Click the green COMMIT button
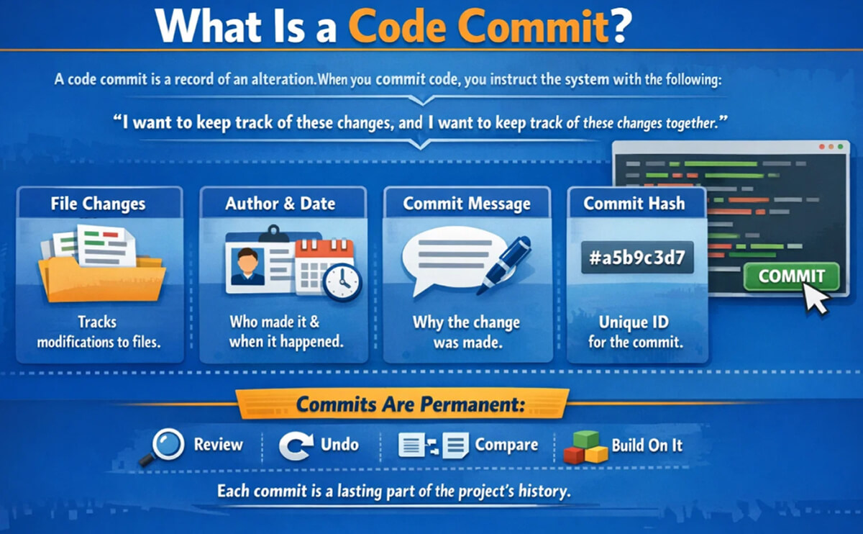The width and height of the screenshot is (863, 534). pos(790,276)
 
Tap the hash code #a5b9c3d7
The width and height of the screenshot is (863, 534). pos(637,258)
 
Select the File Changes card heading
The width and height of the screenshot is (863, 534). pos(98,204)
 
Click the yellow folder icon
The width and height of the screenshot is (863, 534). pos(101,273)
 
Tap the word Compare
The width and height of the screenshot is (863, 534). pos(506,445)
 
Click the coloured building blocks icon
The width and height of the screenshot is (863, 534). pos(585,447)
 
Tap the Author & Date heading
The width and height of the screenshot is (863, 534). pos(280,204)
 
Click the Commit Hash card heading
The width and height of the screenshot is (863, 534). pos(634,204)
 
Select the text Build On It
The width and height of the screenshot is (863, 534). pos(647,445)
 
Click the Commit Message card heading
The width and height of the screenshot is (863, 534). pos(467,204)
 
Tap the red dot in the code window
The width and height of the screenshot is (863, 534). pos(821,146)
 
